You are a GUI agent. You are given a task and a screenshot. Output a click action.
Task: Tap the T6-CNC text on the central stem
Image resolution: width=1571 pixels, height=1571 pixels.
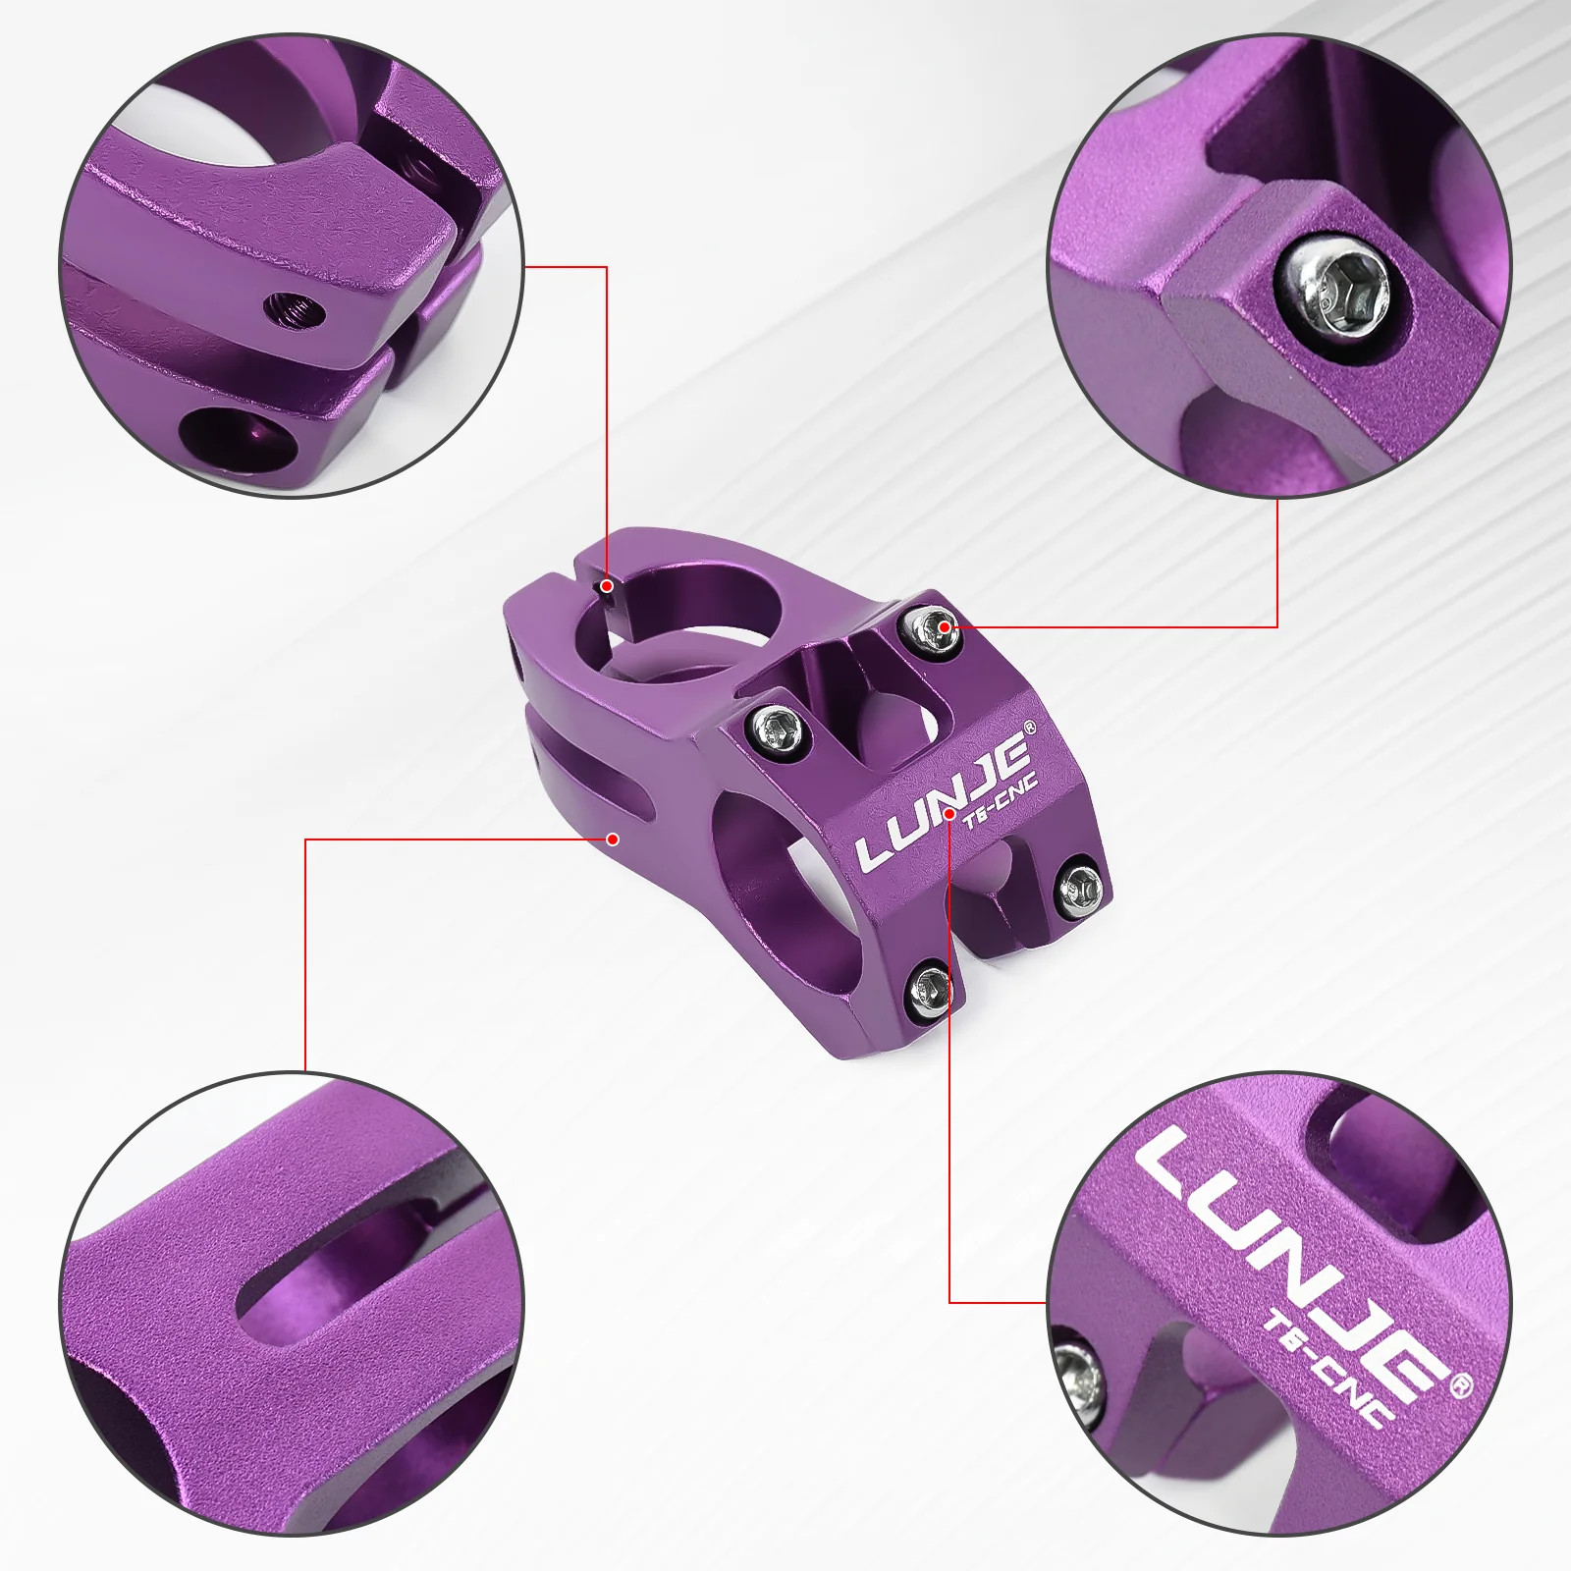[1000, 804]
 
